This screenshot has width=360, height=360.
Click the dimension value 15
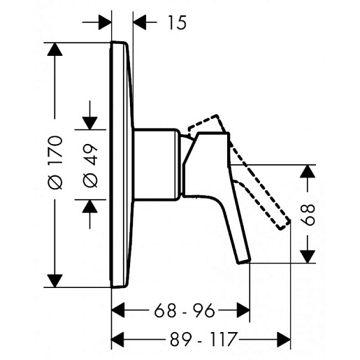click(x=178, y=22)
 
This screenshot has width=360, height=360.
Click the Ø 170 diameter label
click(x=55, y=163)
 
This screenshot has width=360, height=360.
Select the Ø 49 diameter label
click(x=90, y=166)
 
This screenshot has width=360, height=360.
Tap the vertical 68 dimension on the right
click(x=307, y=215)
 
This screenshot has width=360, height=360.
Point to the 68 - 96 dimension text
click(x=184, y=310)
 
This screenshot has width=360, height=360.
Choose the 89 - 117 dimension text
click(x=203, y=339)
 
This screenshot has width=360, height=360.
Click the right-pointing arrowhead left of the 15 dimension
click(x=105, y=22)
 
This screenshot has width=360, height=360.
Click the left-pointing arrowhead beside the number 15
click(x=140, y=22)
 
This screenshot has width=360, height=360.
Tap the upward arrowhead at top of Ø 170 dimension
click(x=55, y=50)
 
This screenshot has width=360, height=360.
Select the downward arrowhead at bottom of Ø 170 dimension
click(x=55, y=281)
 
